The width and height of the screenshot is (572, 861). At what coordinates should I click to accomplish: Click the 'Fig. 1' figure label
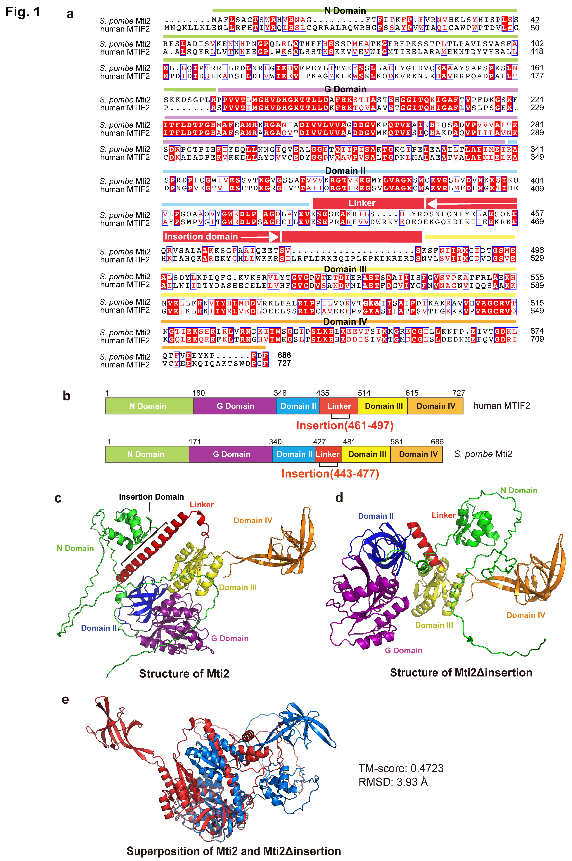23,12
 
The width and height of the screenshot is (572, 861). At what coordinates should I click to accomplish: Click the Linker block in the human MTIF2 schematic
339,406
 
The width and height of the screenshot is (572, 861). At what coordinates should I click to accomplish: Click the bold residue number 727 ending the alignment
284,363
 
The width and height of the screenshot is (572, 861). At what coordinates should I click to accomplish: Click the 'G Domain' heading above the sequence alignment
345,89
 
